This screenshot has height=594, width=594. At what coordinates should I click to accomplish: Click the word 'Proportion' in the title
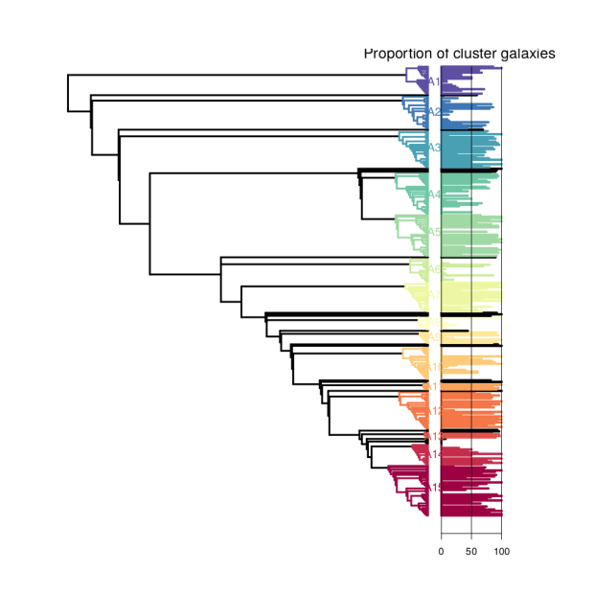[395, 55]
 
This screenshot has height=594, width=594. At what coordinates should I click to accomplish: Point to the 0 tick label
[441, 552]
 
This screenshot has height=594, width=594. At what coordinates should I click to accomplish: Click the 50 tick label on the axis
[470, 552]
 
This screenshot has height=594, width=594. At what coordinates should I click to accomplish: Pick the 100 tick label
[500, 552]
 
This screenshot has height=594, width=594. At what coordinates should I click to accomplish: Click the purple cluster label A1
[433, 81]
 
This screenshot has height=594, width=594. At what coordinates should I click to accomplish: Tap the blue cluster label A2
[433, 112]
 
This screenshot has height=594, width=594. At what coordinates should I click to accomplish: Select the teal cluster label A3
[433, 148]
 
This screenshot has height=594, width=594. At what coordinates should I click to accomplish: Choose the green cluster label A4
[433, 194]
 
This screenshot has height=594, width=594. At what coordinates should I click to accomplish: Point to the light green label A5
[433, 232]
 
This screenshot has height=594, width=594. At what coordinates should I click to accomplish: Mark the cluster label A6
[433, 269]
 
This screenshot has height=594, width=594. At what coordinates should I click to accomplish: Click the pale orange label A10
[434, 367]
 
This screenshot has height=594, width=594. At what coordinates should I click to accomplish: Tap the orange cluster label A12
[433, 411]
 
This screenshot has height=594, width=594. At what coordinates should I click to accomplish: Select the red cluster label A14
[433, 454]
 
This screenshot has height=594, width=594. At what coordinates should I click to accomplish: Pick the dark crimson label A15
[433, 489]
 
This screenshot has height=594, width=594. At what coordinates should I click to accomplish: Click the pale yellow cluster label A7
[433, 293]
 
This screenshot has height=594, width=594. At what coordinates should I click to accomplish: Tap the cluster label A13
[433, 436]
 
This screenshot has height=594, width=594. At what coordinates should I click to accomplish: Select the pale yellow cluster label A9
[433, 336]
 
